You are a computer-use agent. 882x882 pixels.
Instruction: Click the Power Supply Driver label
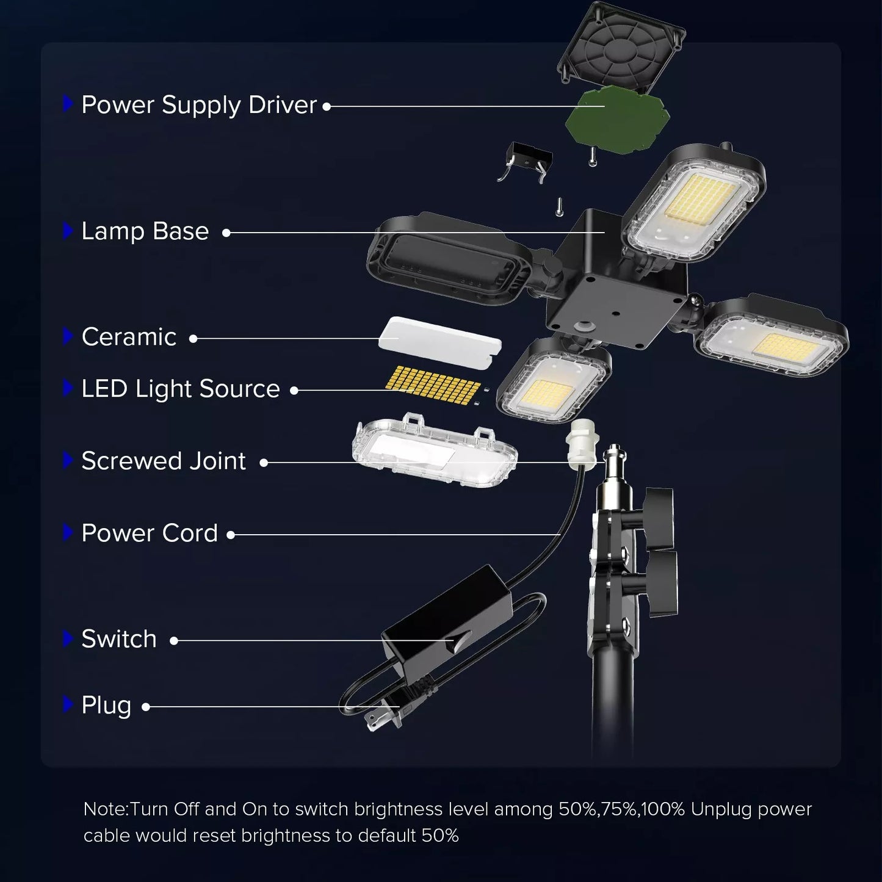199,105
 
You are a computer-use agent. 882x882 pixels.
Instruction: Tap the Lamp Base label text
145,231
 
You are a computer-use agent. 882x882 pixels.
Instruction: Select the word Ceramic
129,337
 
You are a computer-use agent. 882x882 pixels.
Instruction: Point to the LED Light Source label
181,389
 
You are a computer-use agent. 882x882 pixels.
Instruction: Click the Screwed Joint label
164,461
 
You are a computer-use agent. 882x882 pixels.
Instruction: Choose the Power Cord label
150,533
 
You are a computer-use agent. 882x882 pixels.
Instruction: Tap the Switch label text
119,639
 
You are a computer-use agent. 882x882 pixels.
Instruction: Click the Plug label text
106,706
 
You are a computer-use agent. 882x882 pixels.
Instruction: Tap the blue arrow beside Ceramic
68,336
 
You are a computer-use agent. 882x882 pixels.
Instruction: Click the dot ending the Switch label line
174,640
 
